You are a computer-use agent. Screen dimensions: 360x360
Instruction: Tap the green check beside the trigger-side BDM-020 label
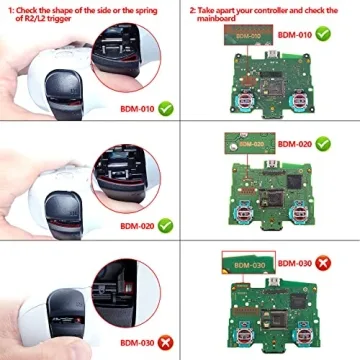[x=165, y=226]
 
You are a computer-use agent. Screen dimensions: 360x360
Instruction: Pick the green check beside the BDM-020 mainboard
[x=324, y=144]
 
